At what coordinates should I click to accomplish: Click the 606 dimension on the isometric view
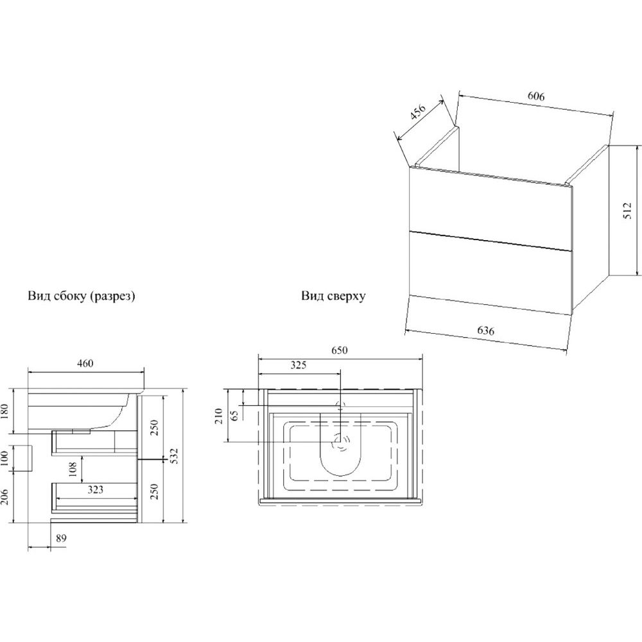[x=536, y=97]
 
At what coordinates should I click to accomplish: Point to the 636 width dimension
[x=486, y=331]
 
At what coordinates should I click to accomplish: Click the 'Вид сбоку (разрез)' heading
[x=82, y=296]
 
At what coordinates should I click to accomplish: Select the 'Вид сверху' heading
[x=333, y=296]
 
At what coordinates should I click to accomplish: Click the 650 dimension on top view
[x=339, y=351]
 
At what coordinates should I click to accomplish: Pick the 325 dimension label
[x=298, y=365]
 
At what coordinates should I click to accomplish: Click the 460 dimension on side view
[x=85, y=364]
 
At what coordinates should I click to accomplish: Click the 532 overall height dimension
[x=174, y=455]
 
